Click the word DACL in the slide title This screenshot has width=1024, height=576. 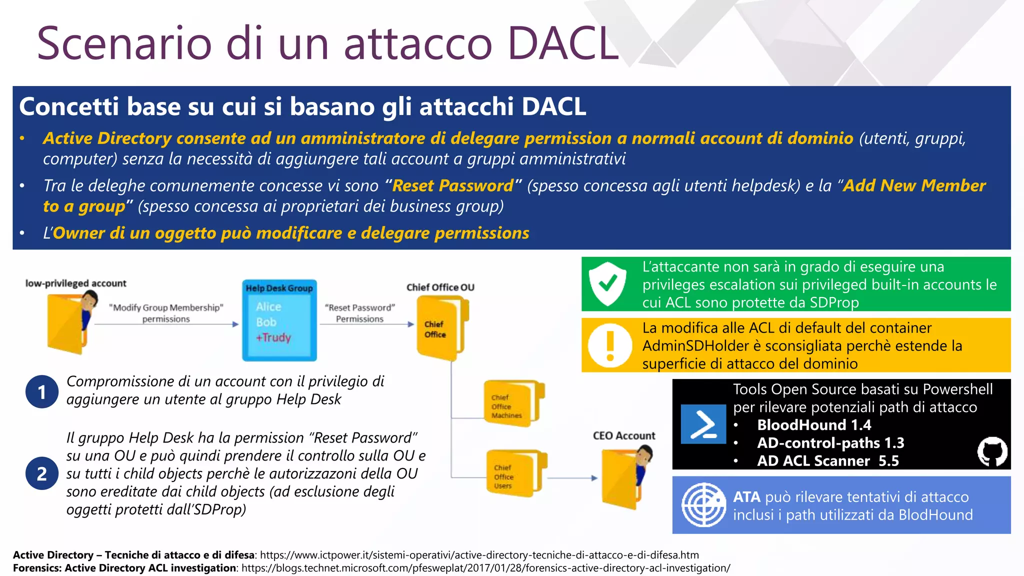pyautogui.click(x=563, y=44)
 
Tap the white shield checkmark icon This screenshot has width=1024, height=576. pyautogui.click(x=607, y=284)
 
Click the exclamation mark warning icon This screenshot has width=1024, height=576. pyautogui.click(x=609, y=345)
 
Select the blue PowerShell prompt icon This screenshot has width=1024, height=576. pyautogui.click(x=703, y=424)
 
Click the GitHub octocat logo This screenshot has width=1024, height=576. pyautogui.click(x=992, y=451)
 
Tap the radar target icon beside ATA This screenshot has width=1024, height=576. pyautogui.click(x=703, y=505)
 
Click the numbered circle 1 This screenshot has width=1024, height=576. pyautogui.click(x=42, y=392)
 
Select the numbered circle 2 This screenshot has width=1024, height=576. pyautogui.click(x=42, y=473)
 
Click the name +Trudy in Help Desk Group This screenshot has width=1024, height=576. pyautogui.click(x=273, y=337)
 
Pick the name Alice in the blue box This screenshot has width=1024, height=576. pyautogui.click(x=268, y=306)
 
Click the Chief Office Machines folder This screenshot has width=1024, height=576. pyautogui.click(x=513, y=404)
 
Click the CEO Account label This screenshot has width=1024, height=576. pyautogui.click(x=624, y=435)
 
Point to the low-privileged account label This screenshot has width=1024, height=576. pyautogui.click(x=76, y=283)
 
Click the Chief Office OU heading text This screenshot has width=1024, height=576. pyautogui.click(x=440, y=287)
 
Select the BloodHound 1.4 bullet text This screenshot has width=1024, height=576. pyautogui.click(x=814, y=425)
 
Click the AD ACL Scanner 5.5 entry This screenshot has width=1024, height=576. pyautogui.click(x=827, y=460)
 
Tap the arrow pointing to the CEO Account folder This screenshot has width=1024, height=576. pyautogui.click(x=572, y=478)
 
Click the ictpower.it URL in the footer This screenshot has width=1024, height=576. pyautogui.click(x=479, y=555)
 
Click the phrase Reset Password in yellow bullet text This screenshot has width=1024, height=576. pyautogui.click(x=453, y=186)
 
